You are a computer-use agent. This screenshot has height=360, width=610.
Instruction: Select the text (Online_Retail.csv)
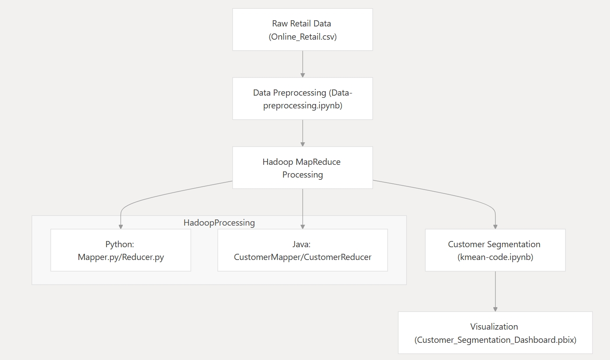point(302,37)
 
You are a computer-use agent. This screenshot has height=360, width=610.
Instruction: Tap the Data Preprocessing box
point(302,99)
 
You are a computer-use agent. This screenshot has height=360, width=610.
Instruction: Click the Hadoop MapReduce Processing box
point(302,168)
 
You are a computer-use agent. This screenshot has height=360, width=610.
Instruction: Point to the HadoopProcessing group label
point(219,223)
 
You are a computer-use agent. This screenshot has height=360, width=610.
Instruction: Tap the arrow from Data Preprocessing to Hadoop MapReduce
point(302,132)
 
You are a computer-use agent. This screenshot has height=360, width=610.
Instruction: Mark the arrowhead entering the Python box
point(121,226)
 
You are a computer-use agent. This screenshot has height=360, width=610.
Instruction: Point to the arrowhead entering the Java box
point(302,226)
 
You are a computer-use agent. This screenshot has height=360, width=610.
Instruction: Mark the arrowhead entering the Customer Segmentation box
point(495,226)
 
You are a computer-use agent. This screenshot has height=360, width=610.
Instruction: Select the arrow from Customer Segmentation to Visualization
point(495,291)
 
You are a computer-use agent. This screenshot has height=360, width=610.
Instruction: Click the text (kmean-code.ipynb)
point(495,257)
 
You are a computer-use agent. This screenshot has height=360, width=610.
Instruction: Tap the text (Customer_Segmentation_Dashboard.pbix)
point(495,340)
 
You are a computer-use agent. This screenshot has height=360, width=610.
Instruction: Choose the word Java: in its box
point(302,244)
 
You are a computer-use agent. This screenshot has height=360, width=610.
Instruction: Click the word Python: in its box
point(120,244)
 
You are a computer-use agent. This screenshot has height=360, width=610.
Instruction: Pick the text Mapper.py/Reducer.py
point(121,257)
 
